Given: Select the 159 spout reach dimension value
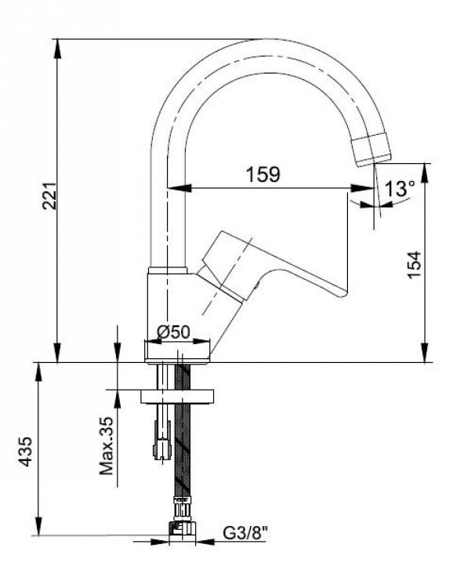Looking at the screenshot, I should [262, 174].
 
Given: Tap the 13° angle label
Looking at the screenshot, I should [399, 188].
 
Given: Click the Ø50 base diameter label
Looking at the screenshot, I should [173, 332].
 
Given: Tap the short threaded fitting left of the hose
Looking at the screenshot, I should [162, 439].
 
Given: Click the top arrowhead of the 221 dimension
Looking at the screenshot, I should [57, 45].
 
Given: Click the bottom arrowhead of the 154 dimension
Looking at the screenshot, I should [425, 355].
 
